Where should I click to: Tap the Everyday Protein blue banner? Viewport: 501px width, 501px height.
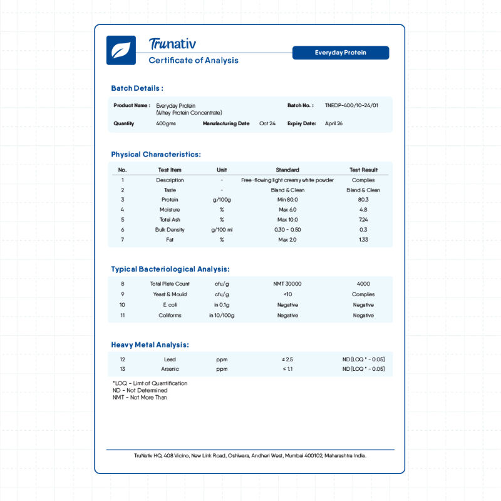[341, 53]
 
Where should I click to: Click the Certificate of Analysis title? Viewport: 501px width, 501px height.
[194, 61]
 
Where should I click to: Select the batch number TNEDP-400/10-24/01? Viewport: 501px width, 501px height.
[351, 106]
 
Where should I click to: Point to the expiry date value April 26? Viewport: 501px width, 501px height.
[334, 123]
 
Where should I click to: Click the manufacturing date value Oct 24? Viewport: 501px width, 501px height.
[267, 123]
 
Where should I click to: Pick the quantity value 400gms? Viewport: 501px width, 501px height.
[166, 123]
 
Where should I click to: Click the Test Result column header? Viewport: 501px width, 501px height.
[363, 170]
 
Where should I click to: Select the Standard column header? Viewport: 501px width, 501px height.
[287, 170]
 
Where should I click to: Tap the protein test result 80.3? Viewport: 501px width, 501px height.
[363, 200]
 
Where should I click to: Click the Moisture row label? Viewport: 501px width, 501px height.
[170, 210]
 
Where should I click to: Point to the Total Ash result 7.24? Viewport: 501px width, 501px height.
[363, 220]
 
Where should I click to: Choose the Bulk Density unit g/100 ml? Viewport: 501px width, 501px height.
[222, 230]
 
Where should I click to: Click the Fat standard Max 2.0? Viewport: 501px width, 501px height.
[287, 240]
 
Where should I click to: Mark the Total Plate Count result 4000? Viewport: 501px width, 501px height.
[363, 284]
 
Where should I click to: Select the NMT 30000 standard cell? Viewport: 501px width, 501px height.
[287, 284]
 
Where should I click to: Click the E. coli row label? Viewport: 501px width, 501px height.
[170, 305]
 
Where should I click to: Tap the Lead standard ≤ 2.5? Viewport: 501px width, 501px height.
[287, 359]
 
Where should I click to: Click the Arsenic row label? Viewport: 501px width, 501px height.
[170, 369]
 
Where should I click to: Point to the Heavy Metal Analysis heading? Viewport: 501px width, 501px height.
[150, 344]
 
